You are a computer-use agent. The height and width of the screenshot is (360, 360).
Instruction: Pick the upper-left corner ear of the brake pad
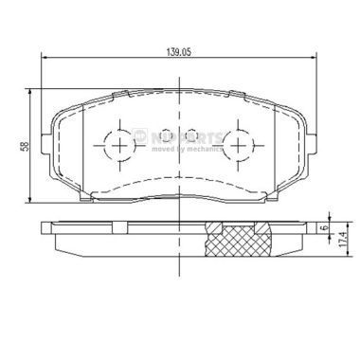click(x=57, y=107)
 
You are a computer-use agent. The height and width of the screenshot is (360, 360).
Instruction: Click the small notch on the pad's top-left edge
click(x=120, y=94)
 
